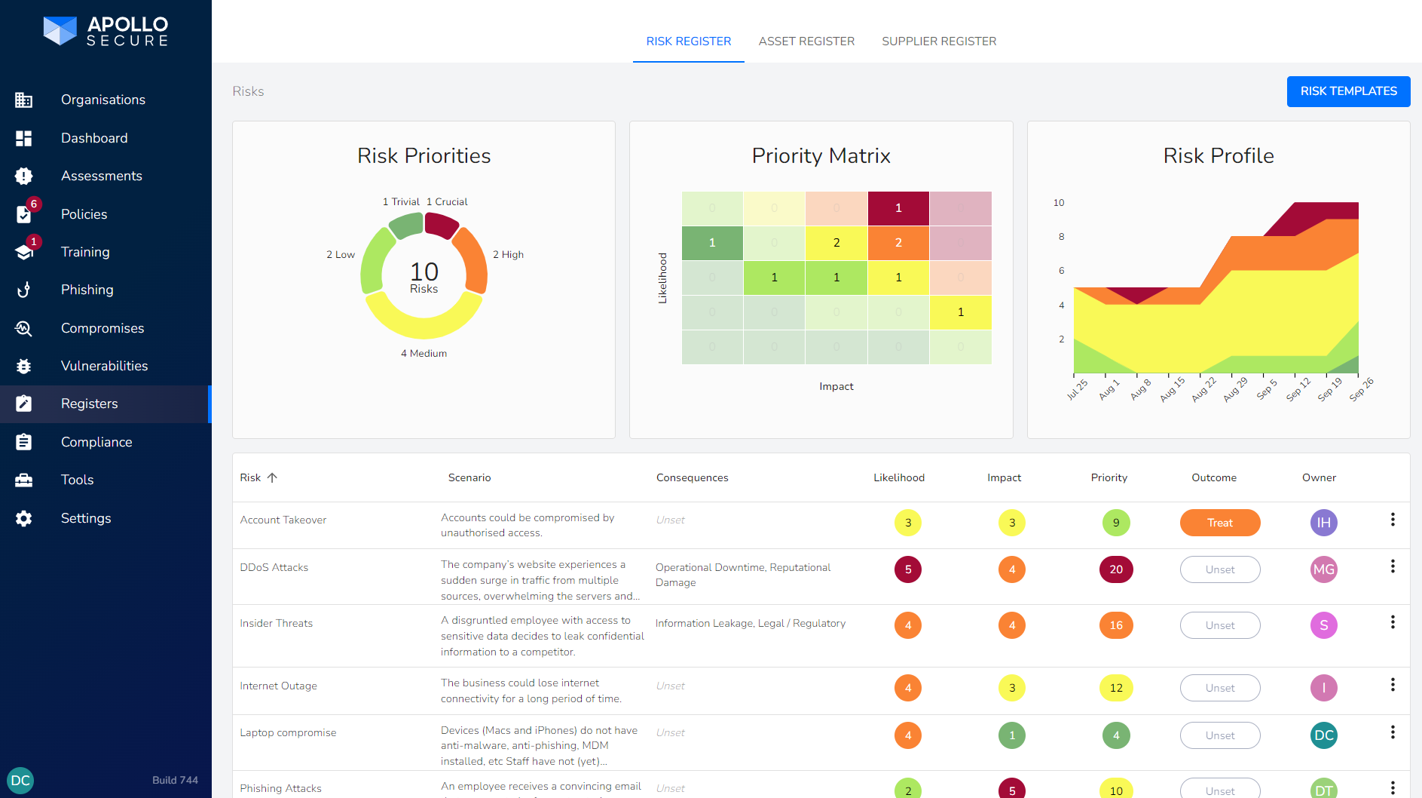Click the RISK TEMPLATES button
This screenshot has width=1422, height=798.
1347,91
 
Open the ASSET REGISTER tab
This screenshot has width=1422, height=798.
806,41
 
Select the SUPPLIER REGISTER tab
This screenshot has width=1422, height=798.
938,41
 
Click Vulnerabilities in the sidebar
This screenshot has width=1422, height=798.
104,366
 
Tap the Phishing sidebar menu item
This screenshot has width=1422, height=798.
87,290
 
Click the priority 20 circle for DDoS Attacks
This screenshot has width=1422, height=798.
1115,569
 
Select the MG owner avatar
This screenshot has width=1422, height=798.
1323,569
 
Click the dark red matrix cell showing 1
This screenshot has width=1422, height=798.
898,208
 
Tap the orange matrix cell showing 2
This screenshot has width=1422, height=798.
898,243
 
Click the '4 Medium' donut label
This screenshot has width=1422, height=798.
424,353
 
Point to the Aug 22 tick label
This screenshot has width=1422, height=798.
1203,389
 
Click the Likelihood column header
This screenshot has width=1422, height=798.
898,477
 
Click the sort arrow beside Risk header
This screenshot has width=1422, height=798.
273,477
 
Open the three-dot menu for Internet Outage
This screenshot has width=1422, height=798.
1392,685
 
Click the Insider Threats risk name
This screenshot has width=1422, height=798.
276,623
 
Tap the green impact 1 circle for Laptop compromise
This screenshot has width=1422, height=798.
1011,735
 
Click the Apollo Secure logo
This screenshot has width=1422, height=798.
106,32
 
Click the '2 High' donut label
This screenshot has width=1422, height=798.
508,255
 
